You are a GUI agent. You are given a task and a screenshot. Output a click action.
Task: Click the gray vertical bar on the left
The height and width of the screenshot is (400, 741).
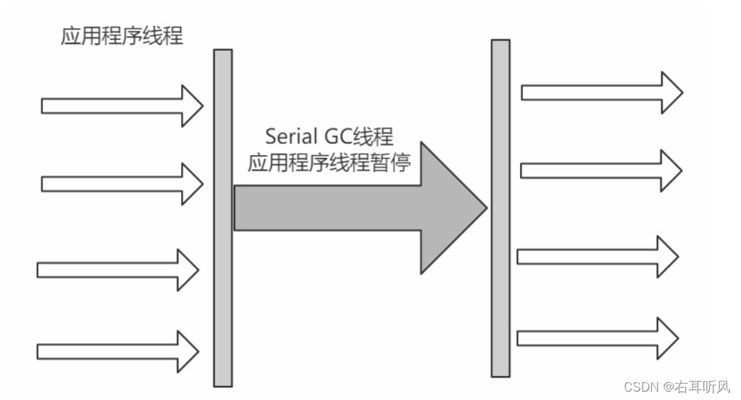(222, 218)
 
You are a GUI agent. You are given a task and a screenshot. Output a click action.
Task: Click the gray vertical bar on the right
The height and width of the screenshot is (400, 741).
(500, 208)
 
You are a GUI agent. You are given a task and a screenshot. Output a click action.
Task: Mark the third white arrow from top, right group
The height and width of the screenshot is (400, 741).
(597, 256)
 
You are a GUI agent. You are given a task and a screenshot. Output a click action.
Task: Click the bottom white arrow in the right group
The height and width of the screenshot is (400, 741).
(597, 338)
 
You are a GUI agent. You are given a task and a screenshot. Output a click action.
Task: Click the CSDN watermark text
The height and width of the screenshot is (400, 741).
(640, 386)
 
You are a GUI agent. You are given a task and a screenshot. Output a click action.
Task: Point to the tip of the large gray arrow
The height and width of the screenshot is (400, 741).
(484, 208)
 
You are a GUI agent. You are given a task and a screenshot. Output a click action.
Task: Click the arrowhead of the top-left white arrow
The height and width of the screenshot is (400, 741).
(191, 106)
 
